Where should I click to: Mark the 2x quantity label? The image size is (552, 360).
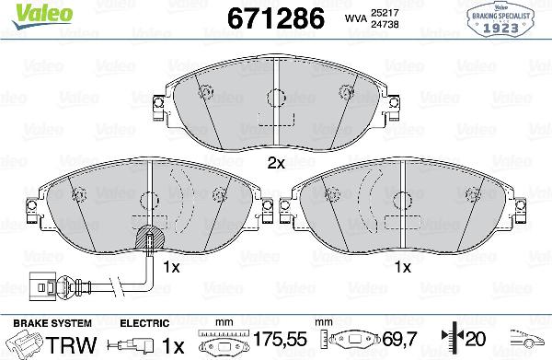coord(276,162)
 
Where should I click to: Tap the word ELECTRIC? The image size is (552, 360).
coord(144,323)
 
